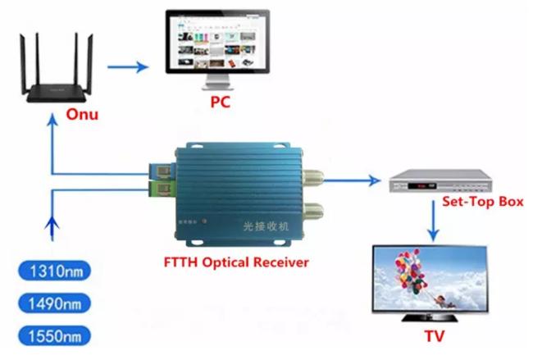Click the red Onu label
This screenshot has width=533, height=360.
(x=81, y=114)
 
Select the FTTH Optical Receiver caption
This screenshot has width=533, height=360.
(x=232, y=263)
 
